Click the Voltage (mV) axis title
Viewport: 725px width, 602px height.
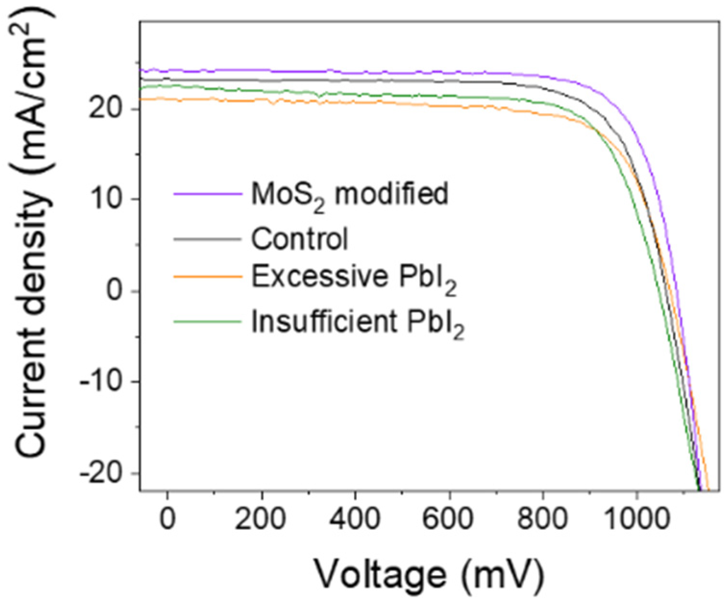click(x=429, y=573)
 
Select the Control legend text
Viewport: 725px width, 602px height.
click(x=300, y=238)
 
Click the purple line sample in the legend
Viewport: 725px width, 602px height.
click(x=207, y=194)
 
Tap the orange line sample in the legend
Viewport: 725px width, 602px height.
click(x=207, y=277)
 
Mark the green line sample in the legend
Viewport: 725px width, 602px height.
click(x=207, y=321)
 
